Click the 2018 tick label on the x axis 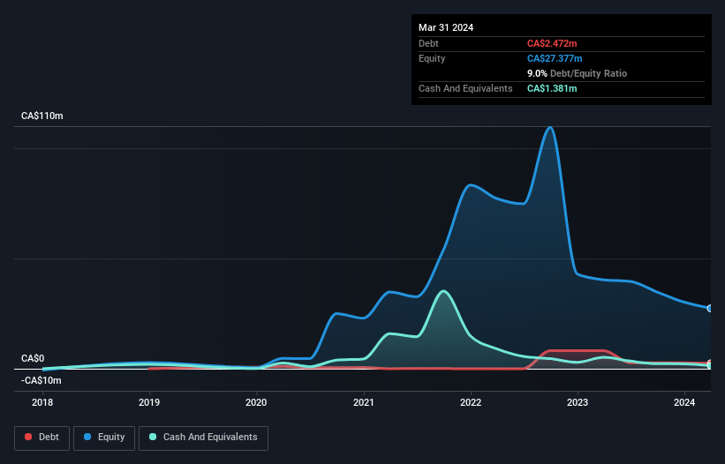point(42,403)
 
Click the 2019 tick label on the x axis point(149,403)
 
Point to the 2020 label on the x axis point(256,403)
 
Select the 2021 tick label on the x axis point(364,403)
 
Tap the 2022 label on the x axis point(471,403)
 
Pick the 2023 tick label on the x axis point(578,403)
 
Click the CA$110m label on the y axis point(42,116)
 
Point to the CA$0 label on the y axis point(33,358)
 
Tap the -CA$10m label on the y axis point(42,380)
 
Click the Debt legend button point(42,438)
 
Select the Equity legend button point(104,438)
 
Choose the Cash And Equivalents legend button point(203,438)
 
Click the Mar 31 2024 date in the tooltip point(446,27)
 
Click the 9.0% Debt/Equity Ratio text point(577,73)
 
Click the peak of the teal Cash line point(443,291)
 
